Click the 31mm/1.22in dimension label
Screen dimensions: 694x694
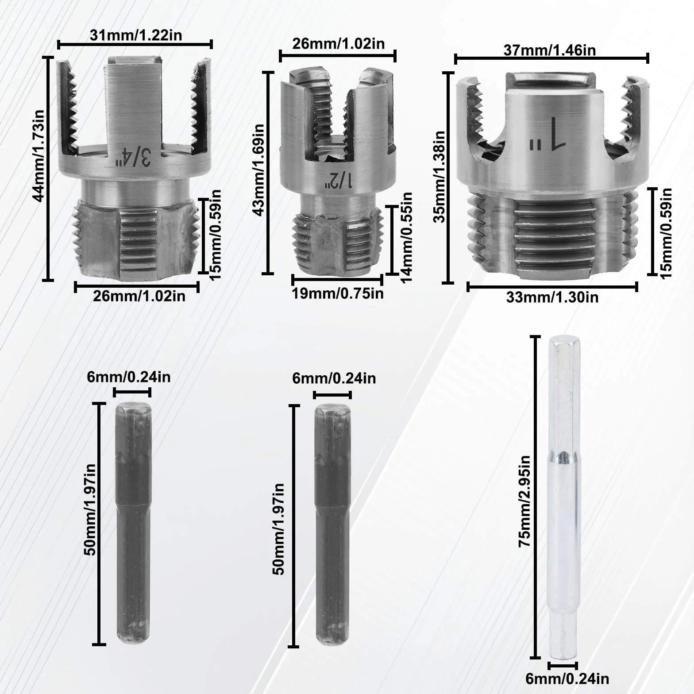[136, 35]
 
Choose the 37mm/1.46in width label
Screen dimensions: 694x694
[549, 50]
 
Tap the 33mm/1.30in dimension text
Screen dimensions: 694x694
[552, 297]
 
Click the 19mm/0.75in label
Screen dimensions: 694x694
[338, 293]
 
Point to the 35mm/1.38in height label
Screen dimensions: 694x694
[441, 177]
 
